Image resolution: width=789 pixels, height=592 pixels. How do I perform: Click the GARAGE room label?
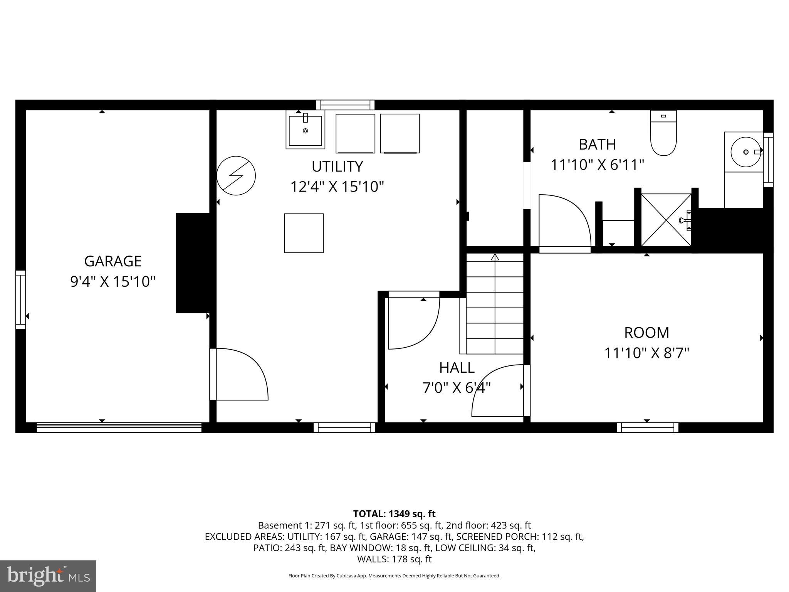pos(112,261)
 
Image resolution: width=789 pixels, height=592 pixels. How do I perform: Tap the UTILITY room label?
pos(337,166)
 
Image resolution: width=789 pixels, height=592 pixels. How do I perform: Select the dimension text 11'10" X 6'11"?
pos(597,165)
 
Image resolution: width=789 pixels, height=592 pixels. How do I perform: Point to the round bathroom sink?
pos(746,152)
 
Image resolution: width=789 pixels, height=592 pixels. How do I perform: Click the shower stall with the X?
pos(666,220)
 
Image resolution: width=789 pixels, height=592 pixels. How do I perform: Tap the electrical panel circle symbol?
pos(236,175)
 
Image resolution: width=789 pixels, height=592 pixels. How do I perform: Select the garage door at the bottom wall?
pos(119,427)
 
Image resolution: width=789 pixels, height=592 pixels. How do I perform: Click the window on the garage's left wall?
pos(20,299)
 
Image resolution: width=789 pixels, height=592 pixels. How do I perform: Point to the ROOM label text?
pos(646,333)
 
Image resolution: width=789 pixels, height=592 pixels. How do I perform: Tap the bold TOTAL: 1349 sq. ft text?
pos(394,514)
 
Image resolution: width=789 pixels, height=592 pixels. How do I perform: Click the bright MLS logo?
pos(48,576)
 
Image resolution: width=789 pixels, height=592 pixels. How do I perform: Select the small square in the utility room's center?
pos(304,233)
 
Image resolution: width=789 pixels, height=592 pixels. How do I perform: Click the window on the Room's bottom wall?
pos(647,427)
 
